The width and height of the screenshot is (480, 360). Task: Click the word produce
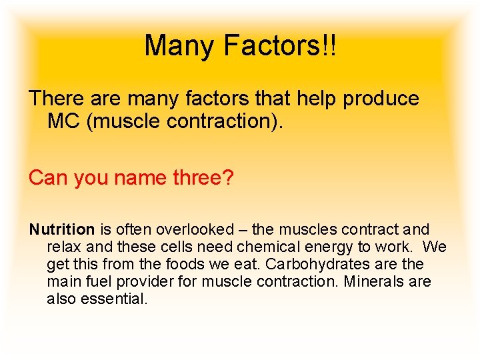(381, 99)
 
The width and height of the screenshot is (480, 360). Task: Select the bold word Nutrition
(62, 230)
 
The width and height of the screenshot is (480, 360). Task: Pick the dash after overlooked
(239, 230)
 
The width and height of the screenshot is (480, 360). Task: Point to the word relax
(63, 247)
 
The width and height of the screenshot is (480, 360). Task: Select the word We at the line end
(435, 247)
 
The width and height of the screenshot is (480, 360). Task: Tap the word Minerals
(373, 282)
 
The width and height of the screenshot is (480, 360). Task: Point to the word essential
(114, 299)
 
